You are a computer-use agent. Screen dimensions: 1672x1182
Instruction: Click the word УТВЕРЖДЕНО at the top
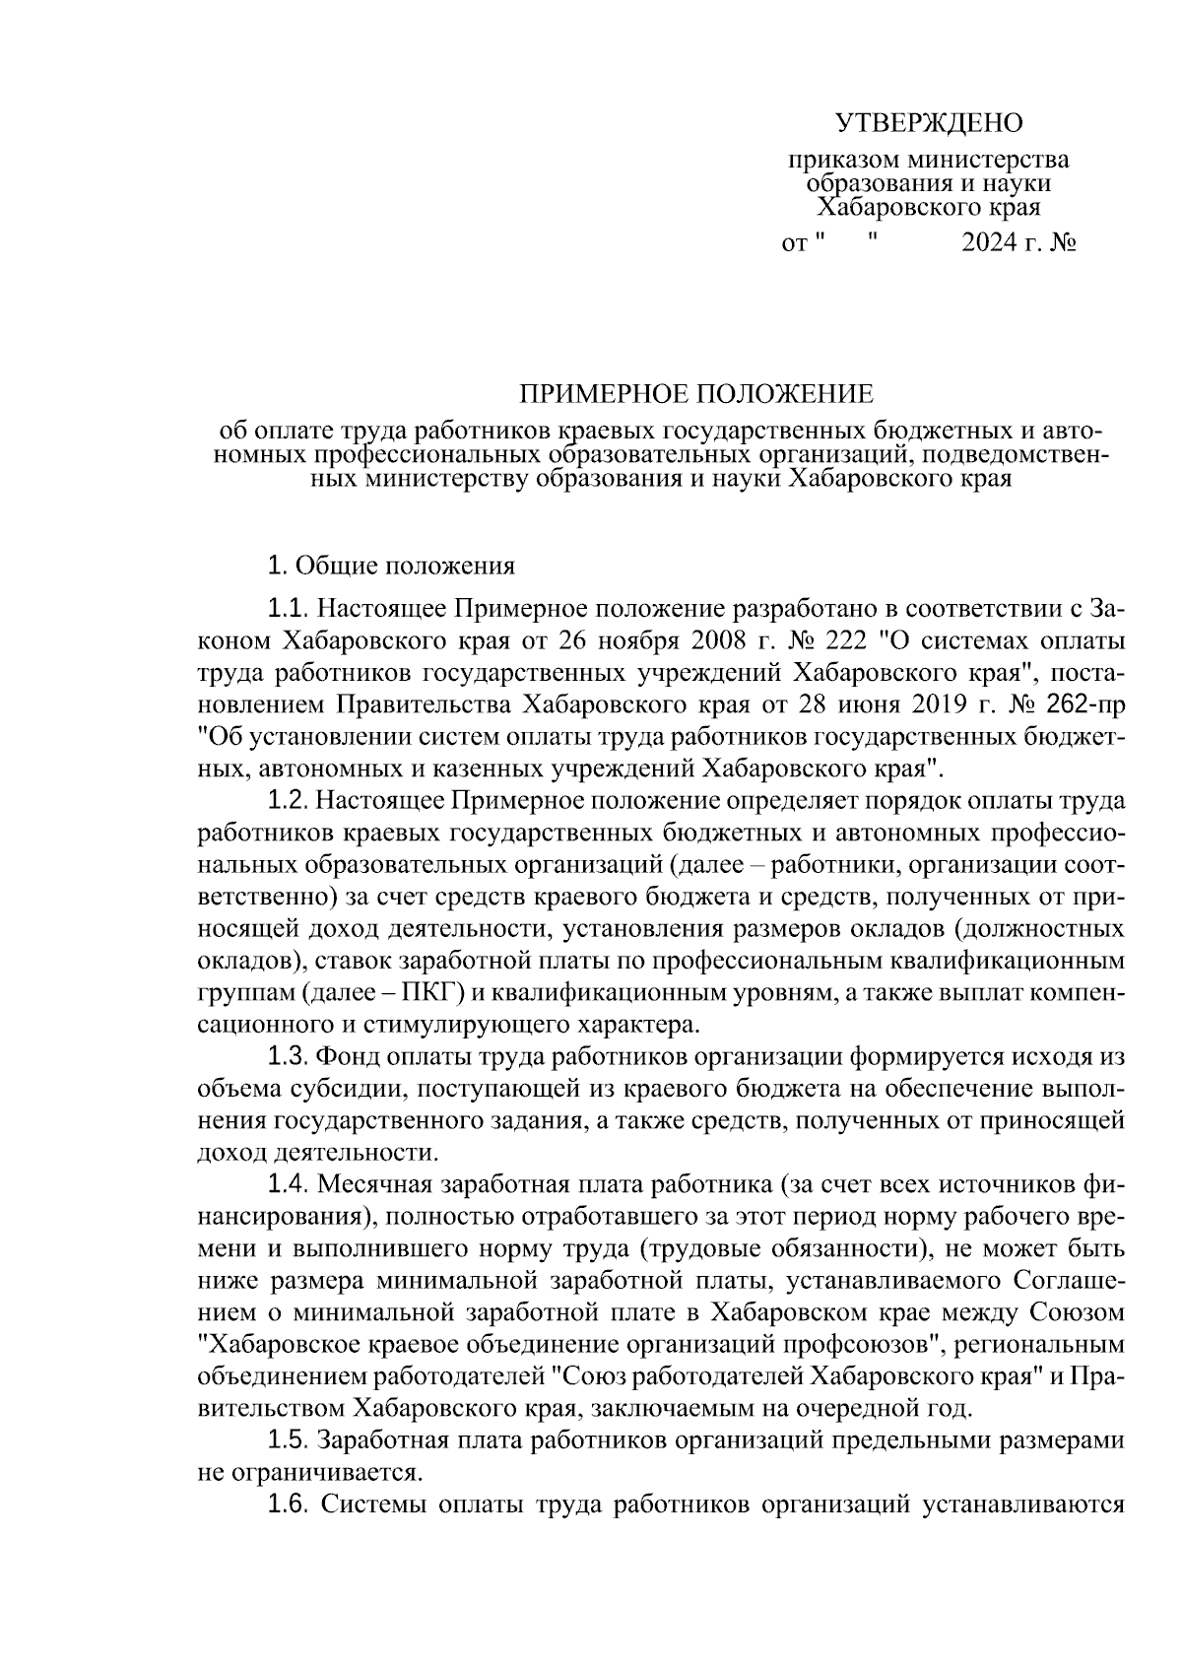(930, 123)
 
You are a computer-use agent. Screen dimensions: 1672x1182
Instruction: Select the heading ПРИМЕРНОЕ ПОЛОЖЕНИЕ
(695, 395)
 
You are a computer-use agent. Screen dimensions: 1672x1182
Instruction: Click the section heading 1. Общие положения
(391, 567)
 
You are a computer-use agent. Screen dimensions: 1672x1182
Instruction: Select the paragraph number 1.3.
(289, 1056)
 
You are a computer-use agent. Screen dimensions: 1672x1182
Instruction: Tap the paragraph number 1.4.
(289, 1184)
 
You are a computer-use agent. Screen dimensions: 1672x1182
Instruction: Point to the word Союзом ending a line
(1076, 1311)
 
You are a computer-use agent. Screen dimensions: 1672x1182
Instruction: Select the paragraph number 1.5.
(289, 1440)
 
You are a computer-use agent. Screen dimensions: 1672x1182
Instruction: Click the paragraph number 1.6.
(289, 1505)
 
